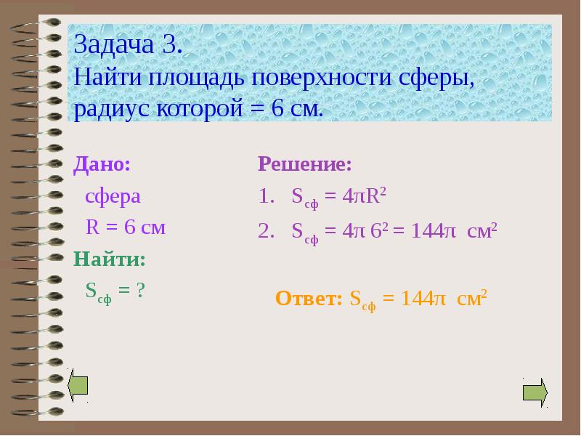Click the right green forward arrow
tap(535, 392)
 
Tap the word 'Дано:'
tap(102, 164)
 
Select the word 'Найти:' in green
tap(110, 259)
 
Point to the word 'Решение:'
tap(305, 164)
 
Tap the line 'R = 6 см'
tap(126, 227)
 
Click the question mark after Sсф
tap(140, 290)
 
